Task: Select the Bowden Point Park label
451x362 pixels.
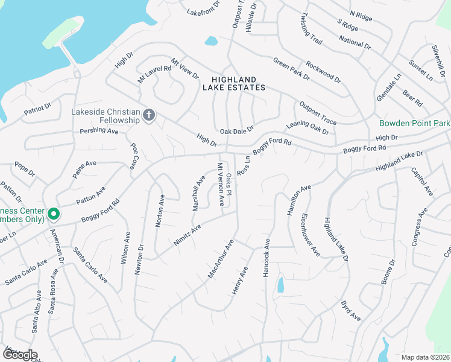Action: [415, 123]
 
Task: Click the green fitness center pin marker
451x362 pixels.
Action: [54, 213]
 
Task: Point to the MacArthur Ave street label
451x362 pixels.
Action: [220, 259]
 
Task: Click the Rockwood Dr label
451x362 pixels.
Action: [323, 72]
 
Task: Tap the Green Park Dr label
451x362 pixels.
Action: [291, 69]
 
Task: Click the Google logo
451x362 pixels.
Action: [19, 355]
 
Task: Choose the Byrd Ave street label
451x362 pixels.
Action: [350, 310]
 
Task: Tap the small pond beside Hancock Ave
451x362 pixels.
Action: [280, 284]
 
